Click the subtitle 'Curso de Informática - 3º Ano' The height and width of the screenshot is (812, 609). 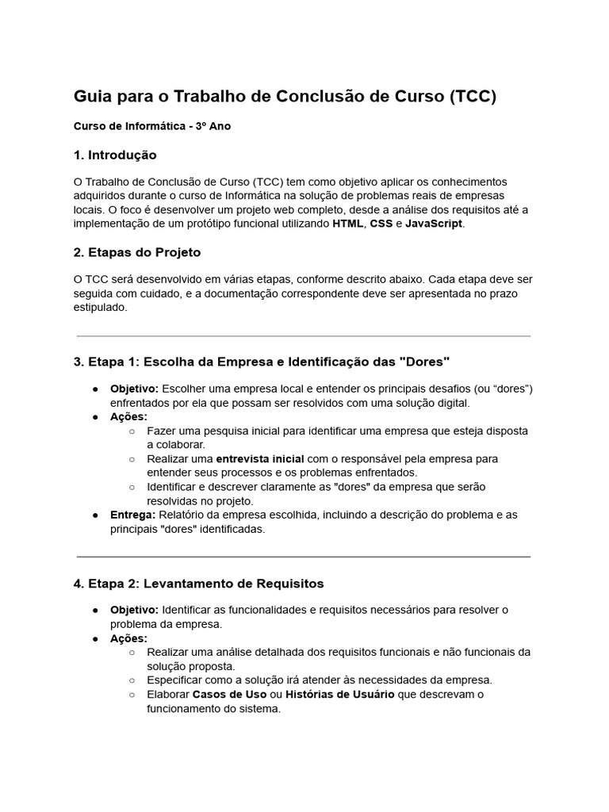(x=152, y=126)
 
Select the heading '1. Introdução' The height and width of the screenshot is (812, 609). (x=115, y=155)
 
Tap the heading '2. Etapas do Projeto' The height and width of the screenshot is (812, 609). (x=137, y=252)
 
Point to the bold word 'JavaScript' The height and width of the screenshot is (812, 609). (x=434, y=224)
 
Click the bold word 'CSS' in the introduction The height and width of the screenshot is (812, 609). (x=382, y=224)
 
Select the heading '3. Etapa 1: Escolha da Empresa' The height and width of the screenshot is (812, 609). (x=262, y=362)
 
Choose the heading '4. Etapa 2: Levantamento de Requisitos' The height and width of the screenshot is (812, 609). (x=199, y=583)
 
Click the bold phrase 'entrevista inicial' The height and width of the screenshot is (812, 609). (x=255, y=459)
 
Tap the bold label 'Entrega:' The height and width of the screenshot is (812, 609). (x=132, y=515)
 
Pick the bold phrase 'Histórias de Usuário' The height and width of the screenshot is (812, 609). (x=339, y=695)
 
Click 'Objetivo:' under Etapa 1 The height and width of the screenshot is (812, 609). (x=134, y=389)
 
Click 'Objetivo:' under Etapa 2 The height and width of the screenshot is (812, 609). (x=134, y=610)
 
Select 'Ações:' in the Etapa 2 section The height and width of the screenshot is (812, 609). (x=128, y=638)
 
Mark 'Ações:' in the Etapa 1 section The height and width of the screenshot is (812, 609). (x=128, y=416)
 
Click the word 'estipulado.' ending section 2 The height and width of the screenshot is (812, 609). (x=100, y=308)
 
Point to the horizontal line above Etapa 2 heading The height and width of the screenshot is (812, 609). (x=304, y=557)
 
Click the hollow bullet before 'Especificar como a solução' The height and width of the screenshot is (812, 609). (x=132, y=680)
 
